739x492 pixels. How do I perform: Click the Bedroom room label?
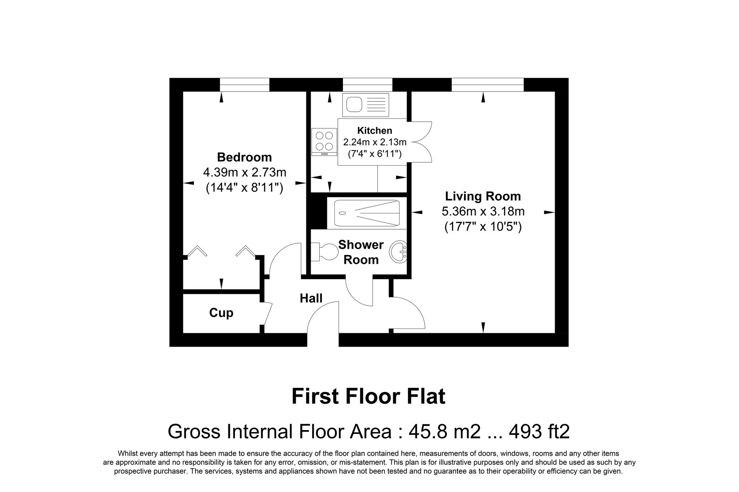[244, 157]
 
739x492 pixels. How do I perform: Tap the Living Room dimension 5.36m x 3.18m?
[483, 211]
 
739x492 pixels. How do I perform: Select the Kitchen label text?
[374, 131]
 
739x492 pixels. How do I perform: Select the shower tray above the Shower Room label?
[367, 213]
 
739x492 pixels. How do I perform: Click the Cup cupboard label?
[221, 313]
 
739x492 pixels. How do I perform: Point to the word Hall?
[311, 298]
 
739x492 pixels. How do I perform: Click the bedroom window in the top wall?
[244, 85]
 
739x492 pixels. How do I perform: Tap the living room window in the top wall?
[487, 85]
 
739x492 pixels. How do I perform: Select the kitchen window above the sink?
[367, 85]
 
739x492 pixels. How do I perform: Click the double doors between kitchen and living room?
[421, 142]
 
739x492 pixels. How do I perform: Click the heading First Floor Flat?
[368, 397]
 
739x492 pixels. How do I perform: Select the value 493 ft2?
[539, 431]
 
